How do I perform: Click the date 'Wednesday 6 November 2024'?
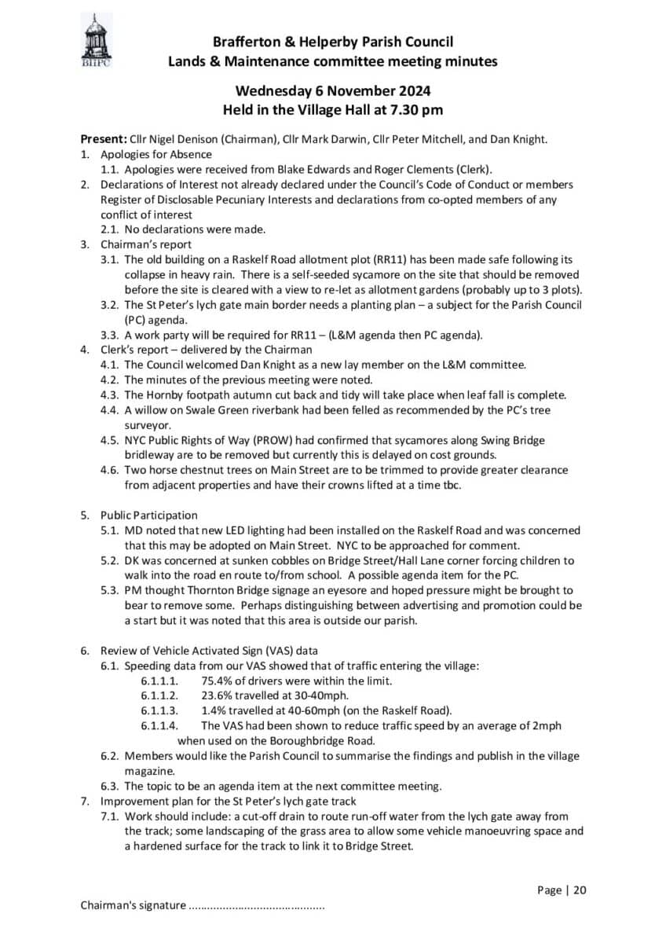pyautogui.click(x=332, y=91)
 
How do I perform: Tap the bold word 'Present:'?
pyautogui.click(x=103, y=140)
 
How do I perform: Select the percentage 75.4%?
pyautogui.click(x=217, y=681)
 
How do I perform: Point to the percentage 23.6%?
pyautogui.click(x=217, y=695)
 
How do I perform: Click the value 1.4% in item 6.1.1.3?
pyautogui.click(x=213, y=710)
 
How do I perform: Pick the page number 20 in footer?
pyautogui.click(x=580, y=890)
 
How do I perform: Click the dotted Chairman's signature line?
pyautogui.click(x=257, y=906)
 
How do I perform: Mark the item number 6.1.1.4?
pyautogui.click(x=160, y=725)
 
